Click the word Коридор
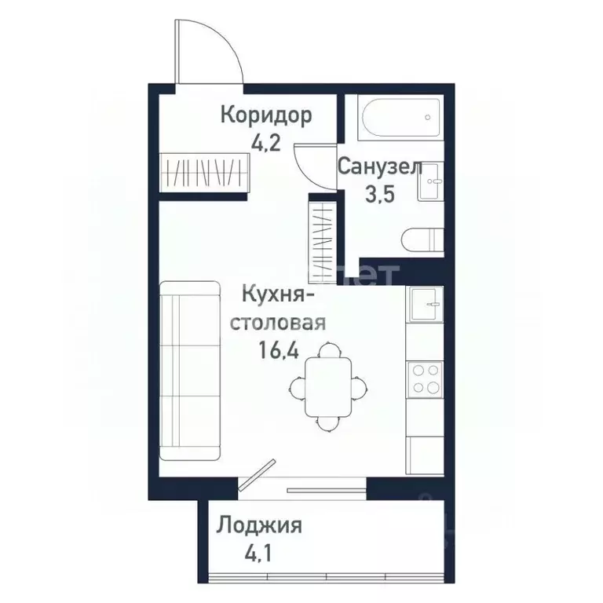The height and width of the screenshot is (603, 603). coord(265,115)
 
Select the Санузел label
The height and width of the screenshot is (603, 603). coord(380,167)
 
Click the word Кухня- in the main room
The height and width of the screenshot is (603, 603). coord(279,298)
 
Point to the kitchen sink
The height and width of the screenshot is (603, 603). coord(425,302)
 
